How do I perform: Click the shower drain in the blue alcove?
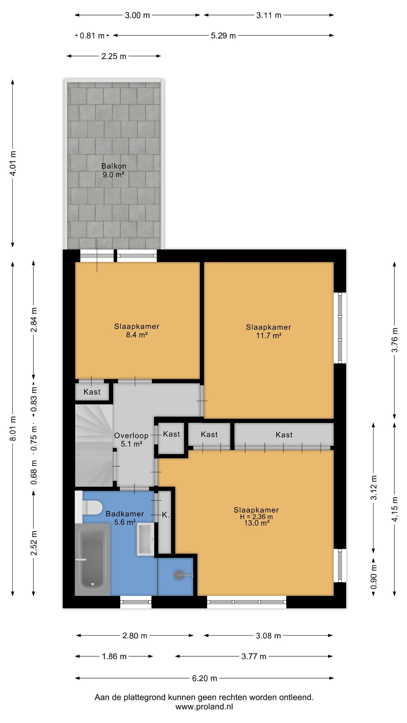(179, 575)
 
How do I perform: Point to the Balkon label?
(114, 166)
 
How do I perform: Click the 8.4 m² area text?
(137, 335)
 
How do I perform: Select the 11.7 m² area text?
(269, 335)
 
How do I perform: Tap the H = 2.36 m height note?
(256, 517)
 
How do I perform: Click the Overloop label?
(131, 435)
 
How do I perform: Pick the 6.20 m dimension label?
(204, 678)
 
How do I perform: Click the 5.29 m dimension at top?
(223, 36)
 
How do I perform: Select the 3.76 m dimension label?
(395, 340)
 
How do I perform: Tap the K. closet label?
(166, 515)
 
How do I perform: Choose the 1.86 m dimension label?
(114, 656)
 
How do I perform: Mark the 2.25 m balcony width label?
(114, 56)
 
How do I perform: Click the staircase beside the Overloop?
(94, 445)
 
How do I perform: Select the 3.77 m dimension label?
(254, 656)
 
